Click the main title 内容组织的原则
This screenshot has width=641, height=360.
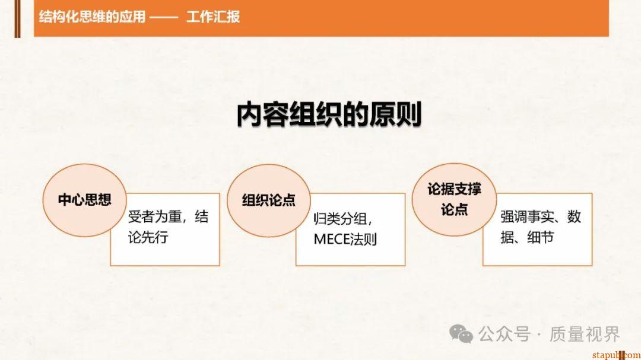(329, 114)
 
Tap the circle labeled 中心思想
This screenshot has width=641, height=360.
(84, 199)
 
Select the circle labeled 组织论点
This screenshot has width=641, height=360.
(269, 200)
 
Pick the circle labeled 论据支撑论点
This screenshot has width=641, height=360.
(454, 199)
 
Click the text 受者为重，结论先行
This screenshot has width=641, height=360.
(168, 227)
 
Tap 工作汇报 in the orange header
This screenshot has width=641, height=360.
(212, 17)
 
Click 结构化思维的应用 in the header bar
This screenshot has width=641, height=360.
(91, 17)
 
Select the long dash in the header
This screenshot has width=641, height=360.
(164, 17)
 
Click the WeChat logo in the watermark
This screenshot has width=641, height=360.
(461, 334)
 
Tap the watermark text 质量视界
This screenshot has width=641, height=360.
(584, 334)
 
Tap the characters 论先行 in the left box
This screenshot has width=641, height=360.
(148, 237)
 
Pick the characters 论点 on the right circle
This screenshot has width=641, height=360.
(454, 209)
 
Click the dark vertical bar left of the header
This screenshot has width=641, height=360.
(17, 18)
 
